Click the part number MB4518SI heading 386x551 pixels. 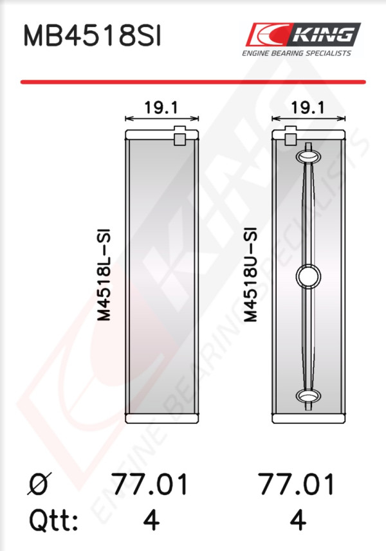pyautogui.click(x=92, y=36)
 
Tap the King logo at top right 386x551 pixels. pyautogui.click(x=302, y=35)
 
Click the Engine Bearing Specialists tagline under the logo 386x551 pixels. pyautogui.click(x=297, y=53)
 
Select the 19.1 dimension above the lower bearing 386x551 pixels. pyautogui.click(x=161, y=107)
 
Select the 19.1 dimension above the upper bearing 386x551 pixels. pyautogui.click(x=308, y=107)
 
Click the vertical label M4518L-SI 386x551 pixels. pyautogui.click(x=104, y=275)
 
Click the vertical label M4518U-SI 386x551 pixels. pyautogui.click(x=251, y=275)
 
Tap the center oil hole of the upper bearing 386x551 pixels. pyautogui.click(x=308, y=276)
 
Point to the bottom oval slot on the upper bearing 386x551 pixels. pyautogui.click(x=308, y=396)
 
